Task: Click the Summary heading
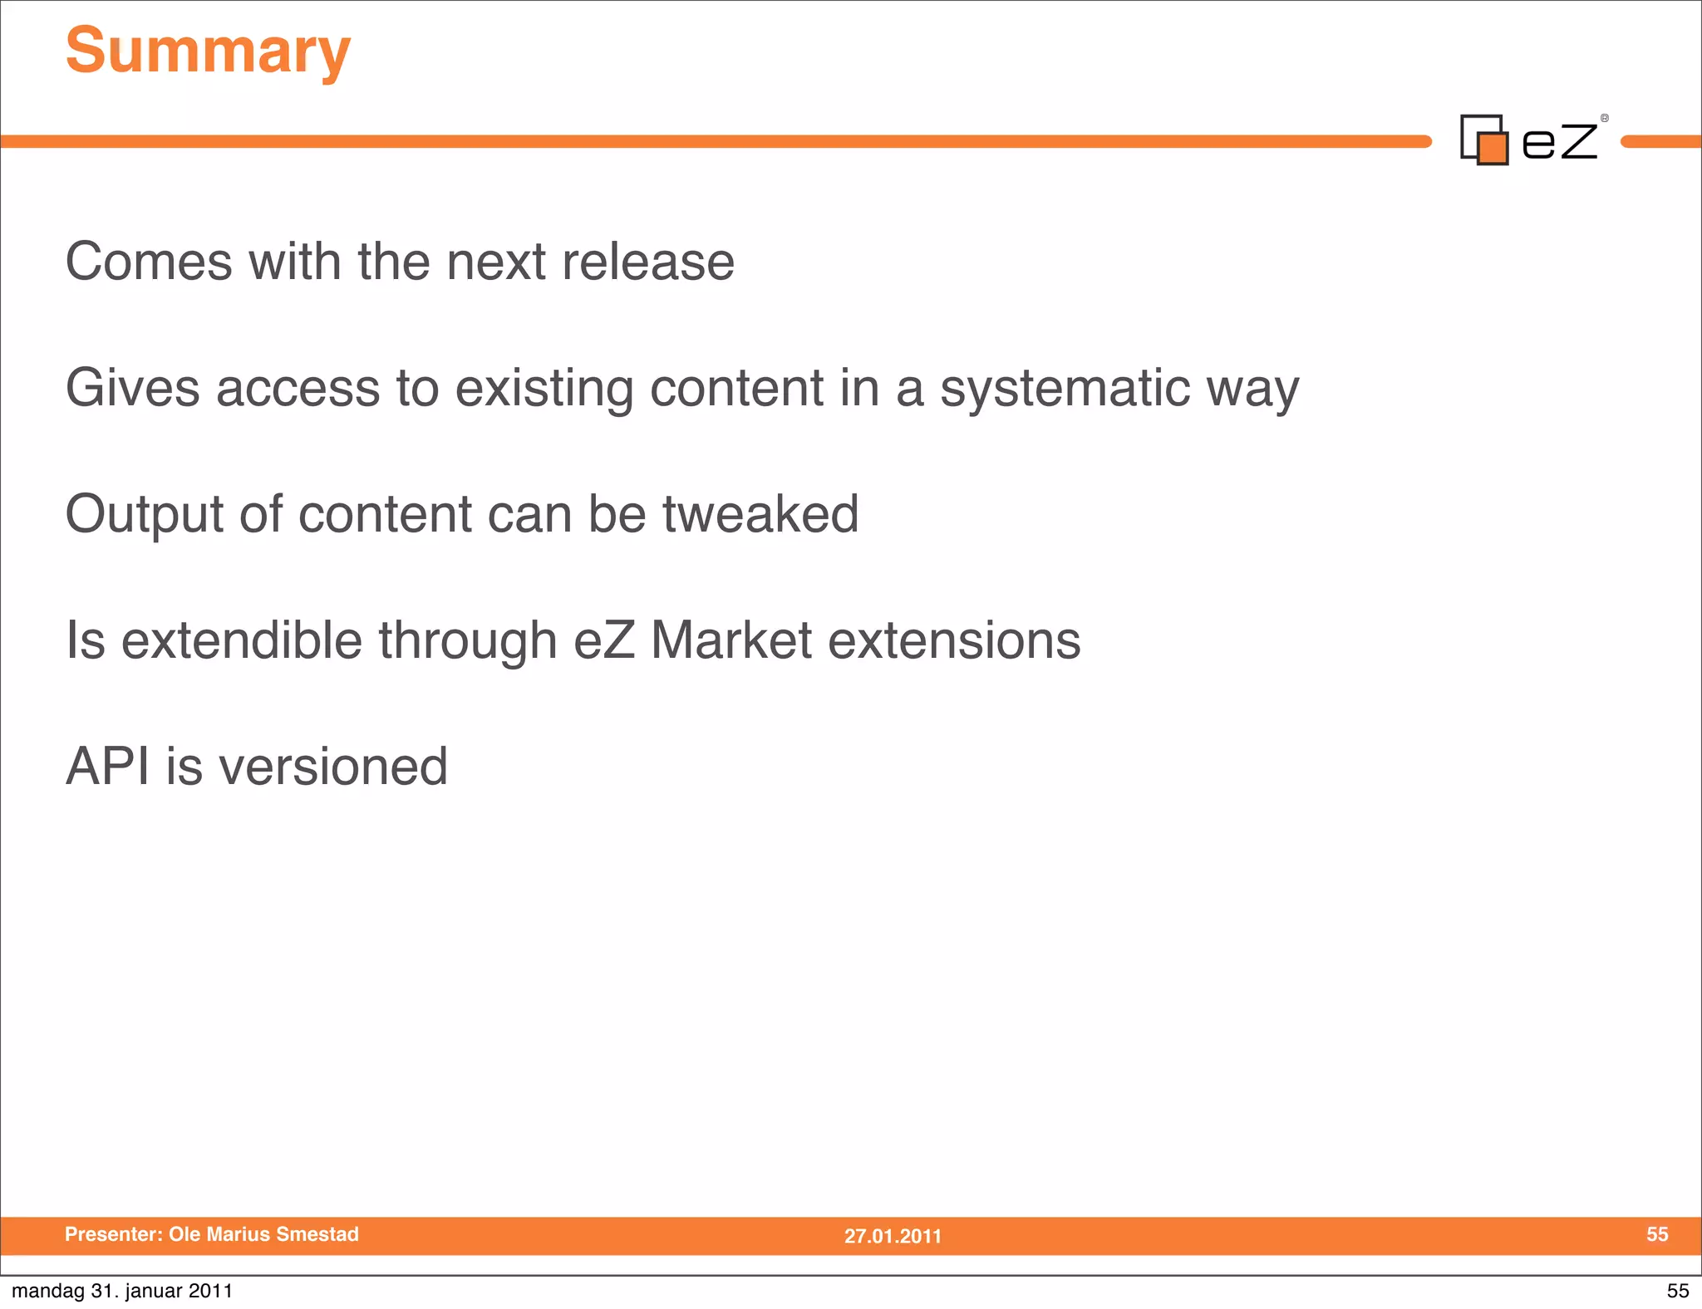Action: tap(208, 51)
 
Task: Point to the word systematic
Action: tap(1065, 388)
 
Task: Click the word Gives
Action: tap(132, 388)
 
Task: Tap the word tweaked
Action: tap(760, 514)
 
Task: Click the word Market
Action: tap(730, 640)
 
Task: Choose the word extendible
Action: tap(242, 640)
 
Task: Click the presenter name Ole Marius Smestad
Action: tap(263, 1234)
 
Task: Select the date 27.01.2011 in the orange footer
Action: tap(893, 1236)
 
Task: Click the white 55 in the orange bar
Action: tap(1656, 1234)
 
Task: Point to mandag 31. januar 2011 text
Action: tap(122, 1291)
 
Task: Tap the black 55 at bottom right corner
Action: tap(1677, 1291)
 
